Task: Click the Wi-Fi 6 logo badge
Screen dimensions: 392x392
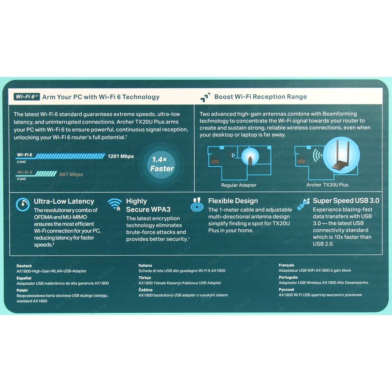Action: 27,97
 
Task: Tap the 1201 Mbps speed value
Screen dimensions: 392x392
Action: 121,156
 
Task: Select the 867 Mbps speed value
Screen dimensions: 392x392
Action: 71,174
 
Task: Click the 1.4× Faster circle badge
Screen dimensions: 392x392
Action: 162,164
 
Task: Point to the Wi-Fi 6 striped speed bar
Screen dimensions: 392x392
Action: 70,156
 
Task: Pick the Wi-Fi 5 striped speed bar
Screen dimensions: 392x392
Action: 46,174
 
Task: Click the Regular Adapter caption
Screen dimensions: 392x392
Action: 239,185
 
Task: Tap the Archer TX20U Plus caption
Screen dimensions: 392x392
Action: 327,185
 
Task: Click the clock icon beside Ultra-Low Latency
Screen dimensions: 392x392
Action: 23,204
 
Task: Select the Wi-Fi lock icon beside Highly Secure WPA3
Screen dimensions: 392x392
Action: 115,204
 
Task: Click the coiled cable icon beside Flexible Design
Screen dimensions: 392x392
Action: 197,205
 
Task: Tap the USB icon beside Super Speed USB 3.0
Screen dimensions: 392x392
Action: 303,205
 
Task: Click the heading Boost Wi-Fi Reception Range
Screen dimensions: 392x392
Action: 260,97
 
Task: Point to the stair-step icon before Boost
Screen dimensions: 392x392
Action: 205,97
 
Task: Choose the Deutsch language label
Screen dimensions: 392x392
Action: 24,266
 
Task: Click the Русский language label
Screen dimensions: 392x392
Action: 286,290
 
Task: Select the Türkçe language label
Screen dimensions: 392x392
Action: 145,278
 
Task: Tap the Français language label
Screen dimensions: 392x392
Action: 287,265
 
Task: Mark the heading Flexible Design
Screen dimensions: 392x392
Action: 233,201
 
